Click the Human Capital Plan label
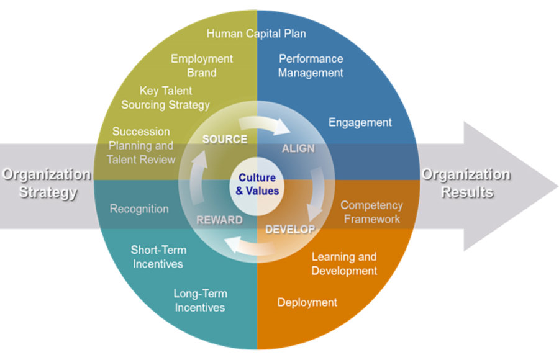click(256, 33)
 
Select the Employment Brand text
click(202, 66)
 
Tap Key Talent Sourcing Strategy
click(165, 98)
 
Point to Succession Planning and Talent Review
click(140, 145)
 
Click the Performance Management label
click(311, 66)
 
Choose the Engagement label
click(360, 122)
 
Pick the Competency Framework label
click(371, 212)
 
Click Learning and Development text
click(344, 264)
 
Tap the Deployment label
click(307, 302)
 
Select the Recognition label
click(139, 209)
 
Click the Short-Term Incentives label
click(158, 257)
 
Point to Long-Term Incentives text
click(200, 300)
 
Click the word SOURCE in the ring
click(225, 139)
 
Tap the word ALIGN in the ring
click(298, 148)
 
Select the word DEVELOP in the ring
click(290, 229)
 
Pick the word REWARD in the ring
click(219, 220)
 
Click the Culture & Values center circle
click(257, 184)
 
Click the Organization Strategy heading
click(47, 183)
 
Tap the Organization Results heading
click(467, 183)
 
